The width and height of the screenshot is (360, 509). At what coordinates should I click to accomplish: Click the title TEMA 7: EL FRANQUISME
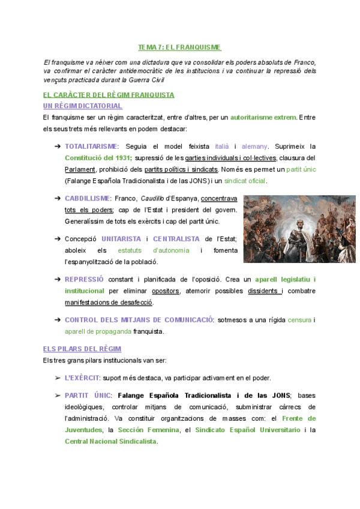click(x=179, y=47)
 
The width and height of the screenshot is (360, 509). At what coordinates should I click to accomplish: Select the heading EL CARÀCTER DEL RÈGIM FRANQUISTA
click(x=109, y=95)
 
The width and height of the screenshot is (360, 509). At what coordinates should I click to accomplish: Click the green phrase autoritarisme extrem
click(x=263, y=117)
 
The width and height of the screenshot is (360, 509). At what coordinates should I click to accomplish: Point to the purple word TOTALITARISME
click(x=91, y=146)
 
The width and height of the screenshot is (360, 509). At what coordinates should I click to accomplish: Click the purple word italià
click(x=222, y=146)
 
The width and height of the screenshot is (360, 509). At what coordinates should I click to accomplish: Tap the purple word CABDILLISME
click(x=87, y=198)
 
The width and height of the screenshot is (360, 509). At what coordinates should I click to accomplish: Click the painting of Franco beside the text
click(x=299, y=229)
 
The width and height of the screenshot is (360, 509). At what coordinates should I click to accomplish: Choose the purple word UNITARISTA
click(x=121, y=239)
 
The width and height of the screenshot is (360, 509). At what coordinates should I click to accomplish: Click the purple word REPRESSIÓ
click(x=84, y=279)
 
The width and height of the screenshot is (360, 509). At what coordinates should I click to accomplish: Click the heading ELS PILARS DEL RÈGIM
click(x=82, y=349)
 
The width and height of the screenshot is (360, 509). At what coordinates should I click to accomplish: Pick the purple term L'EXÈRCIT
click(x=82, y=378)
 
